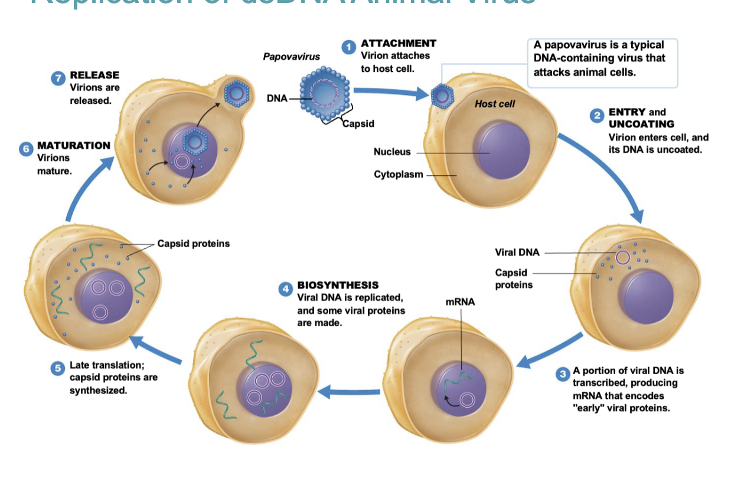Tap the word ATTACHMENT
pyautogui.click(x=399, y=44)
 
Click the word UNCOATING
pyautogui.click(x=641, y=124)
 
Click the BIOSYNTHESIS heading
pyautogui.click(x=338, y=286)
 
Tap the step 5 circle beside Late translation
pyautogui.click(x=58, y=368)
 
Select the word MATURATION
pyautogui.click(x=74, y=146)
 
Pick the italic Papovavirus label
pyautogui.click(x=291, y=57)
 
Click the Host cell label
pyautogui.click(x=495, y=104)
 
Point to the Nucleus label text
pyautogui.click(x=392, y=152)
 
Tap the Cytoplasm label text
pyautogui.click(x=399, y=175)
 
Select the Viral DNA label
pyautogui.click(x=517, y=252)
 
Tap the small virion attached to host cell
pyautogui.click(x=441, y=95)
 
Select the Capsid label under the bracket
pyautogui.click(x=358, y=124)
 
